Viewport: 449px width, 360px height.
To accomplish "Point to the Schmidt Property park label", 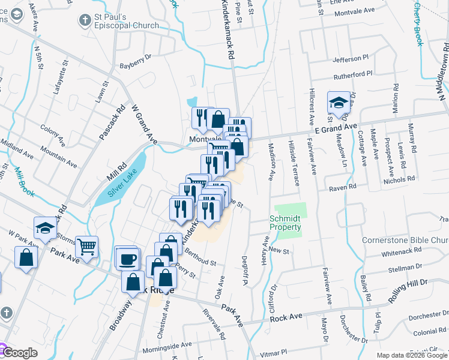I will [285, 223].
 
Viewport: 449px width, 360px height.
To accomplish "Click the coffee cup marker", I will [128, 259].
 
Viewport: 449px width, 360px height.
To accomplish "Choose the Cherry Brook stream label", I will [418, 24].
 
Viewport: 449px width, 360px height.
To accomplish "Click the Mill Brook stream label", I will [25, 181].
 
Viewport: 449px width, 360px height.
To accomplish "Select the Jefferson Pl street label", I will [351, 59].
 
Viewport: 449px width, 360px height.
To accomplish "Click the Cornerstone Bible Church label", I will [405, 241].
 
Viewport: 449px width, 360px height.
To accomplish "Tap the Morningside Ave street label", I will [167, 345].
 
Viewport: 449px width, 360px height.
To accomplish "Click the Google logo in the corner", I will [20, 353].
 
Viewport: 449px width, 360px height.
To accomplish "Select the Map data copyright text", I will [412, 355].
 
